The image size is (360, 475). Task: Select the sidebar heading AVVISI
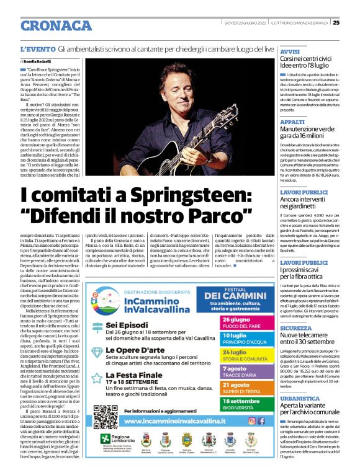click(290, 51)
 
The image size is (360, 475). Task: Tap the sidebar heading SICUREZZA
click(296, 327)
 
